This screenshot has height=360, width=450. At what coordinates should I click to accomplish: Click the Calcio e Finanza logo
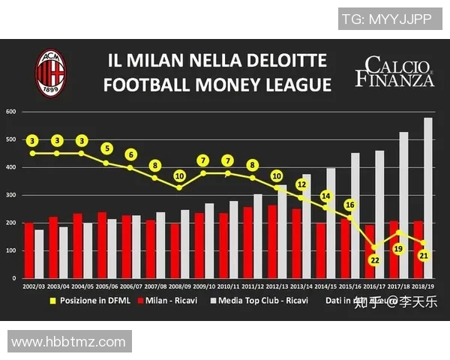pyautogui.click(x=394, y=70)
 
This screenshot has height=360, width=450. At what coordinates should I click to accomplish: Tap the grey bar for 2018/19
pyautogui.click(x=428, y=198)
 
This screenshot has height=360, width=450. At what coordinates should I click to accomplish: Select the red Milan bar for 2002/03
pyautogui.click(x=28, y=250)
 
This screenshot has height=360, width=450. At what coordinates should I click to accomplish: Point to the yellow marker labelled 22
pyautogui.click(x=375, y=260)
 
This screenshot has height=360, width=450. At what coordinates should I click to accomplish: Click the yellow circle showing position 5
pyautogui.click(x=106, y=148)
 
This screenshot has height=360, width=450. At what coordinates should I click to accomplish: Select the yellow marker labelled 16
pyautogui.click(x=350, y=205)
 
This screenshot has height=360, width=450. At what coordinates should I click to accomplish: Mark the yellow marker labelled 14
pyautogui.click(x=325, y=196)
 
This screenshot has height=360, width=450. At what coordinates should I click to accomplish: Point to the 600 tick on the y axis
pyautogui.click(x=11, y=112)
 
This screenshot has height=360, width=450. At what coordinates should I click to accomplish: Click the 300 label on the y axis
pyautogui.click(x=11, y=195)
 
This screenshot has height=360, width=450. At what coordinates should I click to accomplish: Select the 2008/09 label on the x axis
pyautogui.click(x=180, y=286)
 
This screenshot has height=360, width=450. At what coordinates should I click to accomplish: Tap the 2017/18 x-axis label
pyautogui.click(x=400, y=286)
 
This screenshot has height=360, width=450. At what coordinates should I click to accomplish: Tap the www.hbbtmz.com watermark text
pyautogui.click(x=68, y=342)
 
